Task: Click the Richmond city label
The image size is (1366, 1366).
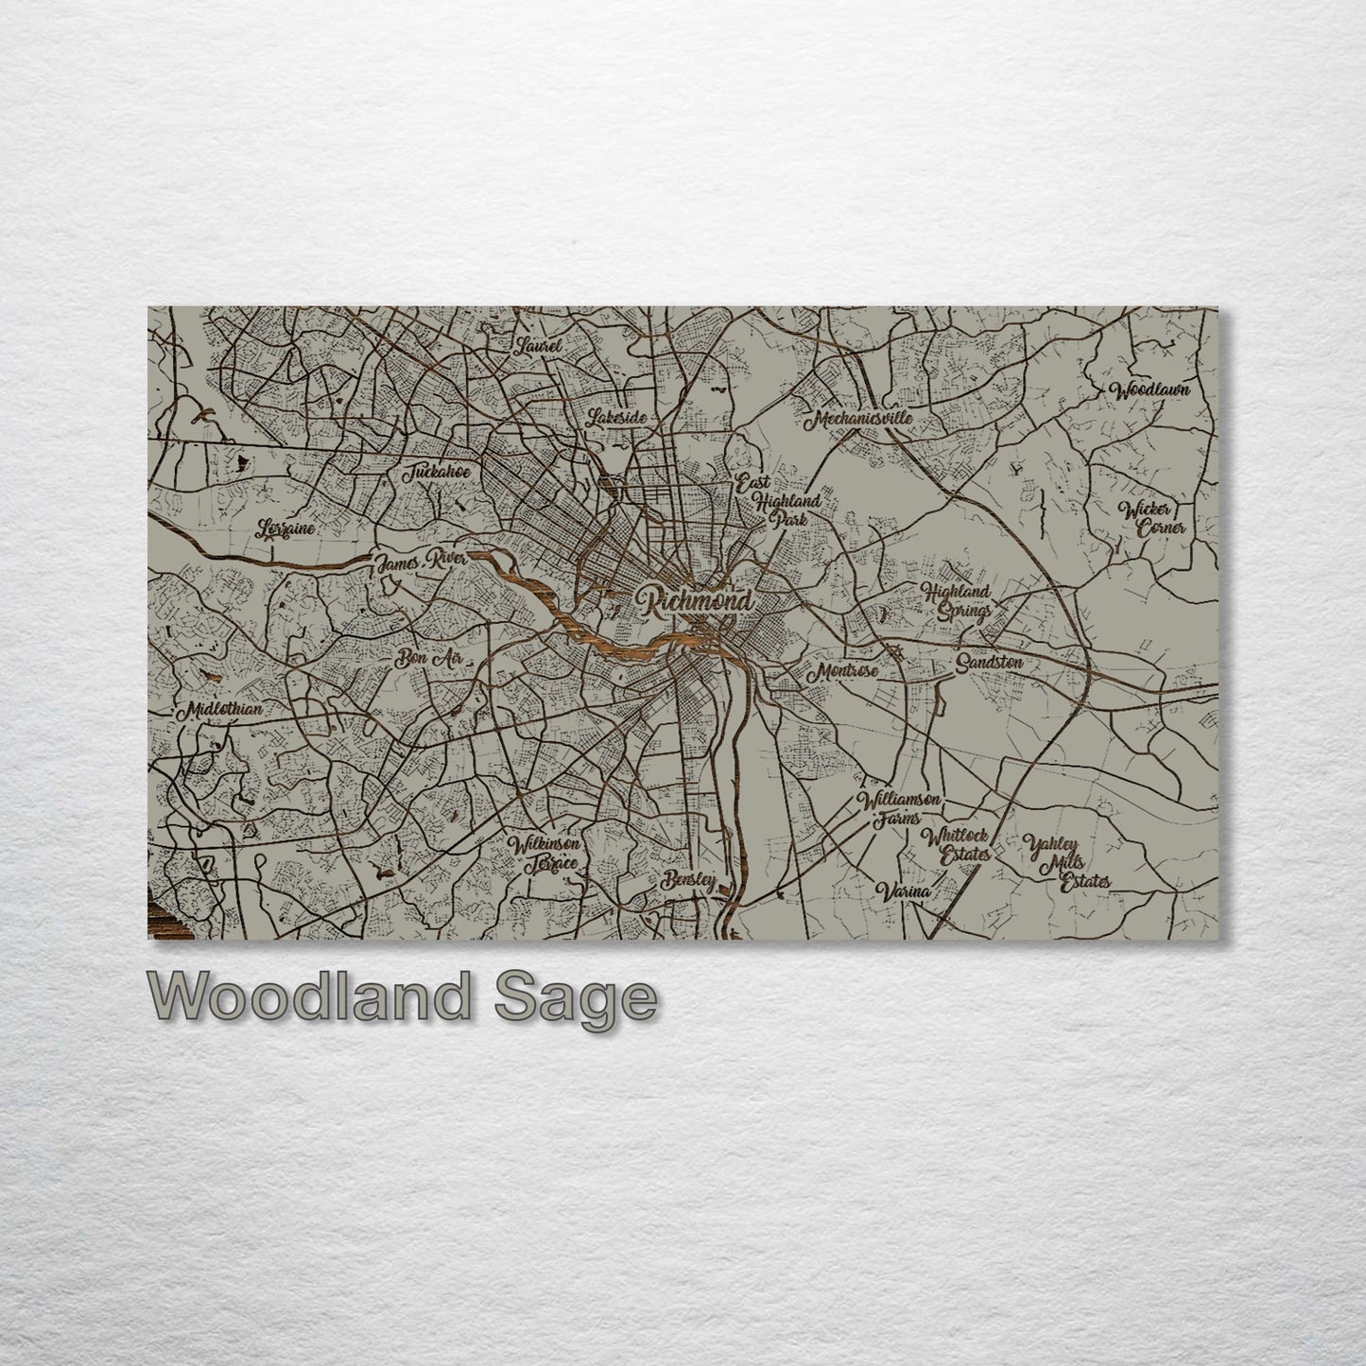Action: (695, 601)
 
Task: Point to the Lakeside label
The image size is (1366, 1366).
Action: (616, 417)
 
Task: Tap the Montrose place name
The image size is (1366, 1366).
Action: (841, 670)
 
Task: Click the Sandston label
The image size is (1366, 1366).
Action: (989, 663)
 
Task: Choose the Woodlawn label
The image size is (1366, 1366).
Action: (1150, 389)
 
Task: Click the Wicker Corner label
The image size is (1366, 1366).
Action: (1151, 518)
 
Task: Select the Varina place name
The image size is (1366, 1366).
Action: (904, 890)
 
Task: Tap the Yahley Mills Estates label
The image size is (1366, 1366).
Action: (1066, 861)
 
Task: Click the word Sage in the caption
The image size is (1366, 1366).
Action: (575, 999)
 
